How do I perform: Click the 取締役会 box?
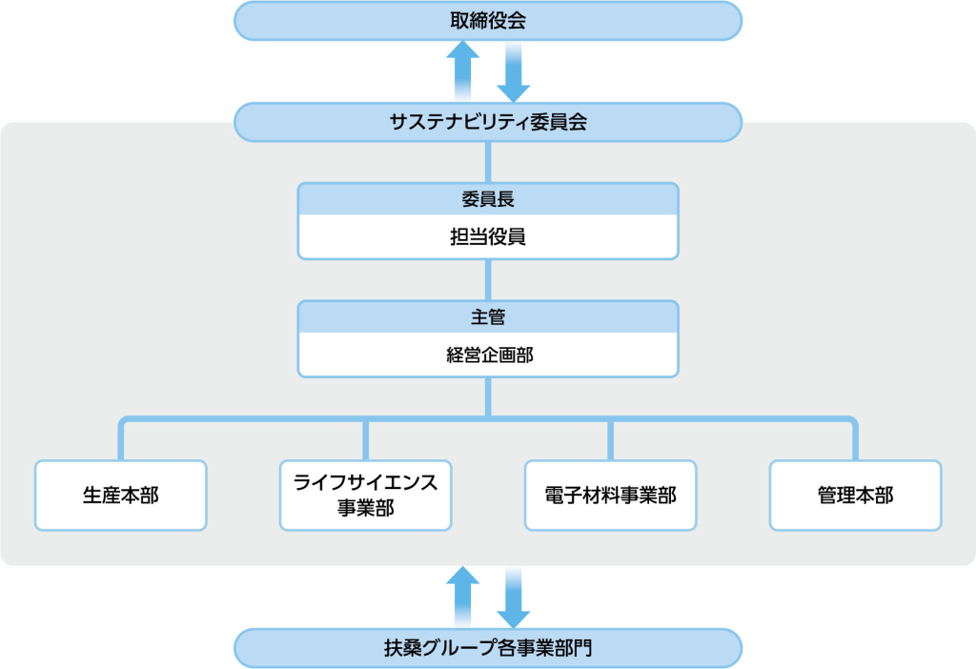click(488, 21)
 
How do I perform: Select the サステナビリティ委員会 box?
click(488, 122)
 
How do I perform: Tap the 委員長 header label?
click(488, 199)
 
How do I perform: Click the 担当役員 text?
click(488, 236)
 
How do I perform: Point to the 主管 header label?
click(488, 316)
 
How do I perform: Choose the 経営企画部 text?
click(490, 355)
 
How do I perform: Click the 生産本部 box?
click(121, 496)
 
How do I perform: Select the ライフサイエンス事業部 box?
click(365, 496)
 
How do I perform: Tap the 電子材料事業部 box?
click(611, 496)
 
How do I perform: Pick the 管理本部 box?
click(856, 496)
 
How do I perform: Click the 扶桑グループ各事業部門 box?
click(488, 648)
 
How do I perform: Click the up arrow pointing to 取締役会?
click(462, 71)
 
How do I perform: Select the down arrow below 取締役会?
click(514, 72)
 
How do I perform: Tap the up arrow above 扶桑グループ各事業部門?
click(462, 597)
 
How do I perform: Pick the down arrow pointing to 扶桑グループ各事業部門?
click(514, 598)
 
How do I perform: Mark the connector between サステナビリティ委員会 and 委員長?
click(488, 162)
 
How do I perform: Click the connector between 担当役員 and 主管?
click(488, 280)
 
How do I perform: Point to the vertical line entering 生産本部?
click(121, 440)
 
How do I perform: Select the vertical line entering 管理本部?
click(856, 440)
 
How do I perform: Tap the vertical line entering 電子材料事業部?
click(611, 440)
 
